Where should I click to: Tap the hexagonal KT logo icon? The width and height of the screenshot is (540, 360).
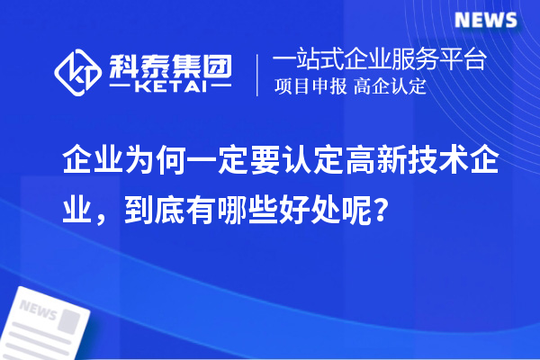point(78,69)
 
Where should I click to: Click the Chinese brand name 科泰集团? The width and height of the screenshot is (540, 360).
point(172,63)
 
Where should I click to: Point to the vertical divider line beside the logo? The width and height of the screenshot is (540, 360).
point(259,75)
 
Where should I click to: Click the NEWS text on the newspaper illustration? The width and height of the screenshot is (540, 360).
point(38,312)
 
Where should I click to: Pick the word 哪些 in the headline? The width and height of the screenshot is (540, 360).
point(254,212)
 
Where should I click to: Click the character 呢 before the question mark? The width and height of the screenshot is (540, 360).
point(363,212)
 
